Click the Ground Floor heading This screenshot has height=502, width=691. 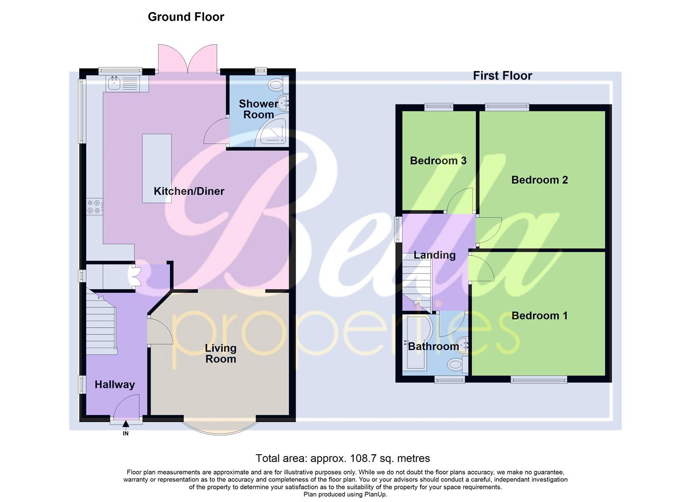click(x=186, y=17)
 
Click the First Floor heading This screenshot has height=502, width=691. click(x=502, y=76)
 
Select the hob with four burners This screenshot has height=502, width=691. click(x=94, y=206)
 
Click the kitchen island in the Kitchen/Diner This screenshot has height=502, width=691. click(x=157, y=168)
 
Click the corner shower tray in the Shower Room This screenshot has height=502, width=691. click(x=274, y=132)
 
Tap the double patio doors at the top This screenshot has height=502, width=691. click(x=188, y=59)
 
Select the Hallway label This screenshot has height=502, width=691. click(x=114, y=384)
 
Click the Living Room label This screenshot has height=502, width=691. click(x=221, y=353)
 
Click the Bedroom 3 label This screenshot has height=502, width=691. click(x=438, y=161)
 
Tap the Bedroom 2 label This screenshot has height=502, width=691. click(x=539, y=180)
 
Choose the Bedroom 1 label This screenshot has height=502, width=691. click(x=539, y=316)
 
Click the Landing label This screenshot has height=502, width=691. click(x=434, y=255)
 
